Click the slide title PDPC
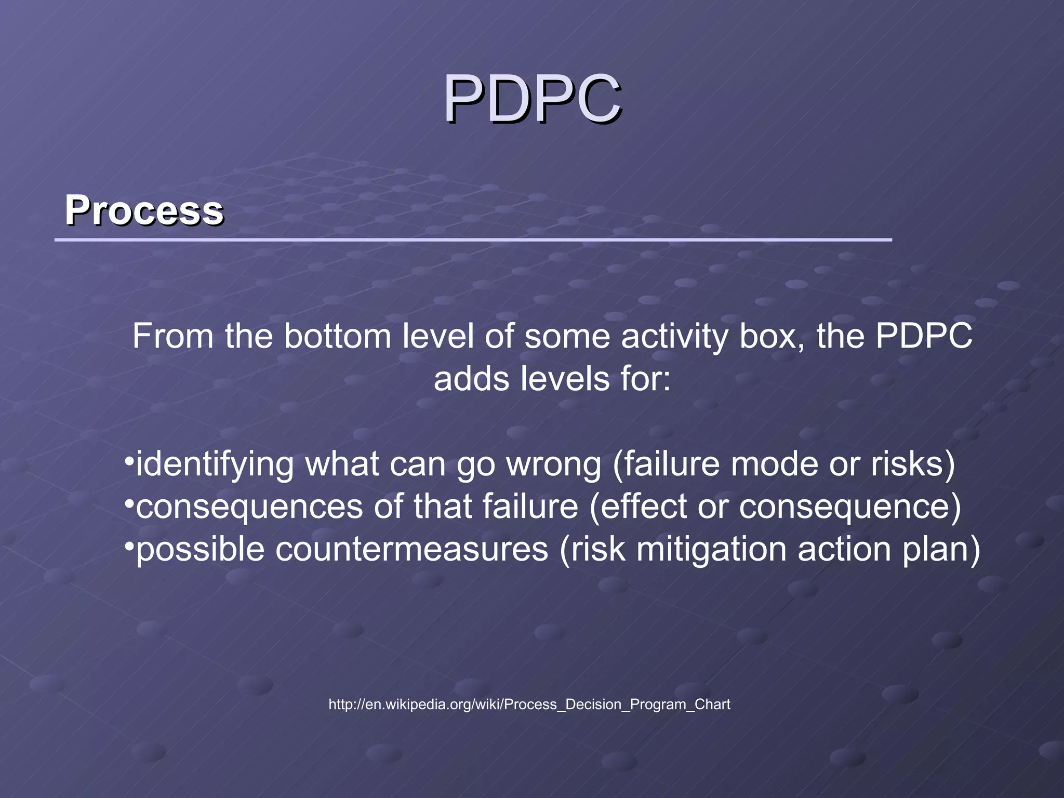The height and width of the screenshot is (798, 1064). tap(532, 99)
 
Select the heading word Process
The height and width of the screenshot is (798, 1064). tap(144, 210)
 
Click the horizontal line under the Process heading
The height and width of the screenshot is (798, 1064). tap(473, 240)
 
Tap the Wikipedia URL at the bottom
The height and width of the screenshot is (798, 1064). tap(529, 704)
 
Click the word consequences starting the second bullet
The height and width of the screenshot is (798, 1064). tap(249, 507)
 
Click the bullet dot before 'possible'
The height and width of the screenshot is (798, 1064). tap(129, 546)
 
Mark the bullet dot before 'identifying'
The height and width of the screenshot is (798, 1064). tap(129, 461)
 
